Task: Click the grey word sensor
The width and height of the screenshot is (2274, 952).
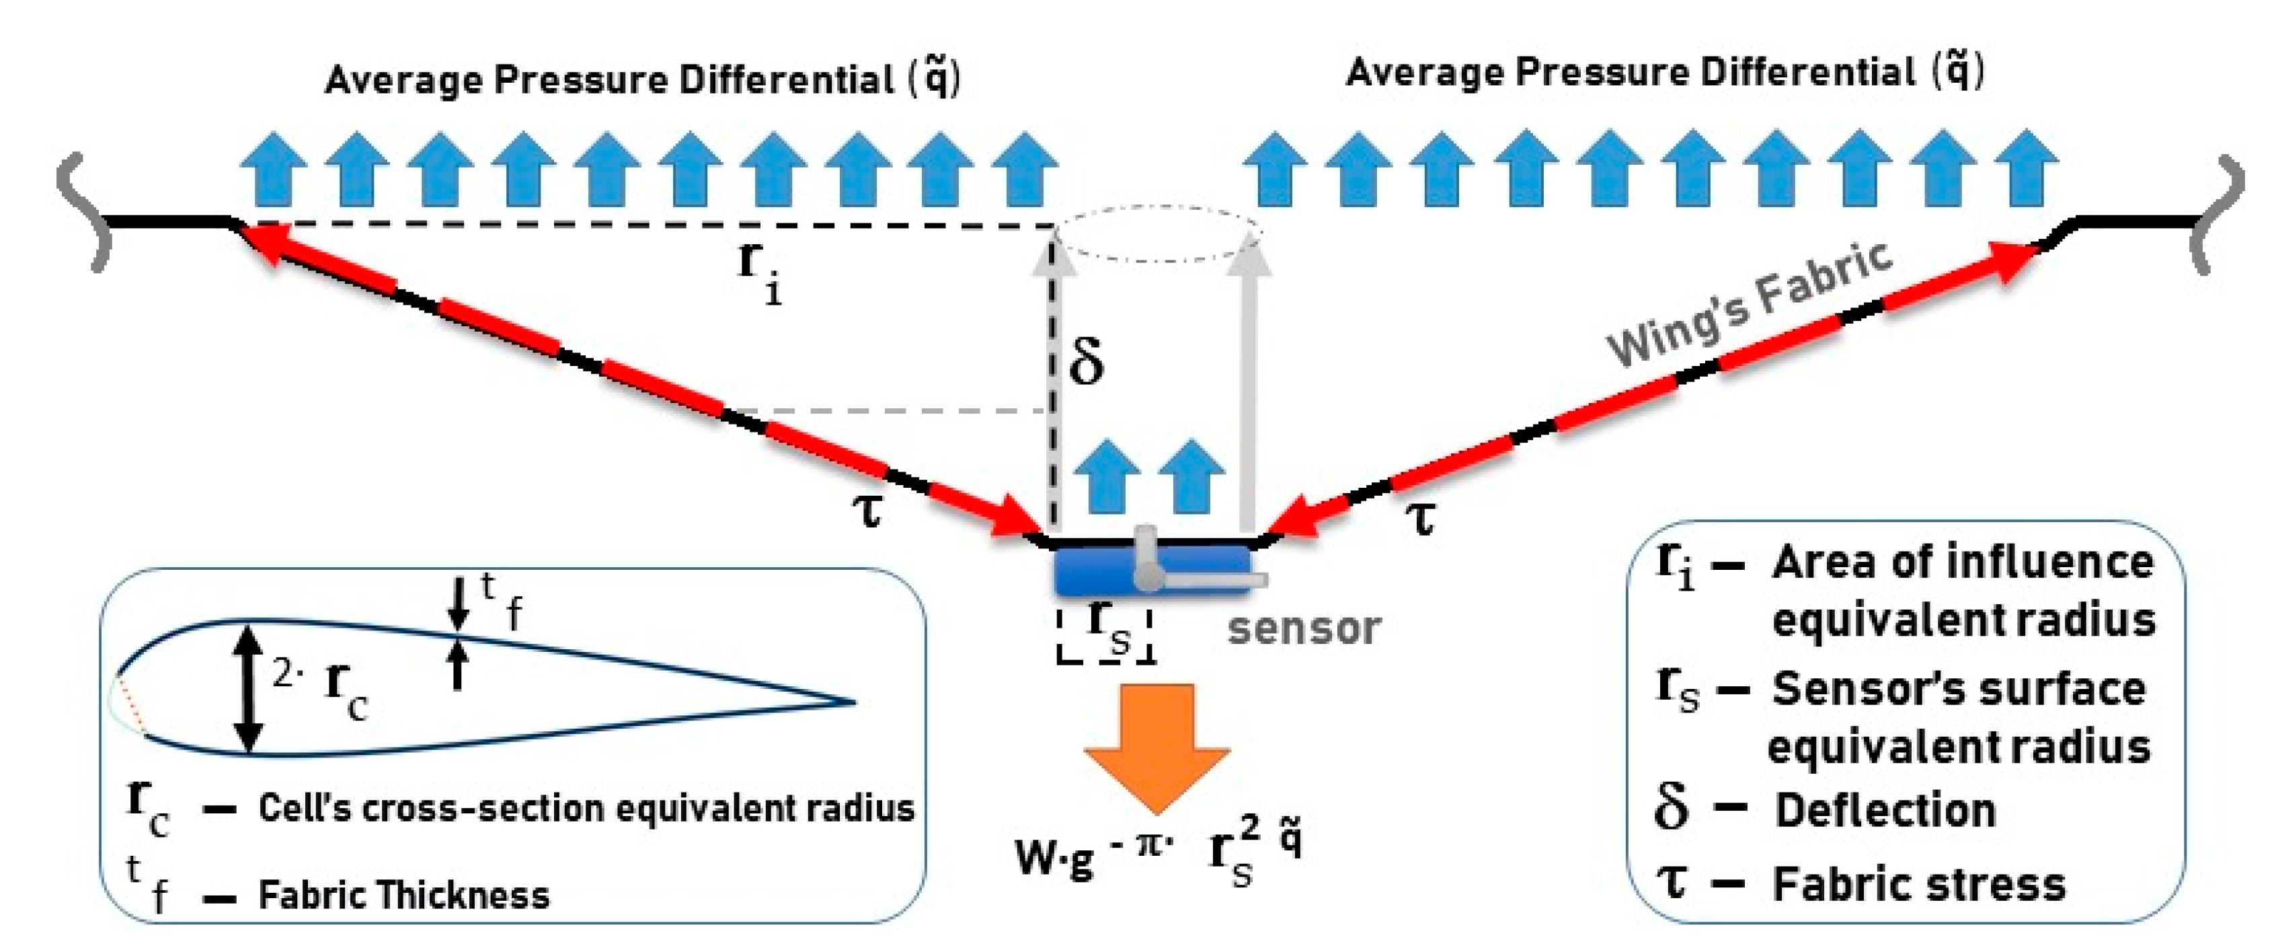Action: pos(1304,629)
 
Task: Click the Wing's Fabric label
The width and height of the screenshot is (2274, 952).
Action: pos(1748,305)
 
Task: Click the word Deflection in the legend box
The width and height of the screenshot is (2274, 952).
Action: pos(1885,810)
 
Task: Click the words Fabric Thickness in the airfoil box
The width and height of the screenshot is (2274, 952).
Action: pos(403,895)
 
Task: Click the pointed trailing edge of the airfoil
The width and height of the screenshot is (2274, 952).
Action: pos(852,702)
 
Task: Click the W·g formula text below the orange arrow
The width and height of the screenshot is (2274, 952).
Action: pos(1156,852)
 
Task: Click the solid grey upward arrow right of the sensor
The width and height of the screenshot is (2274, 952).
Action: pos(1247,389)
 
